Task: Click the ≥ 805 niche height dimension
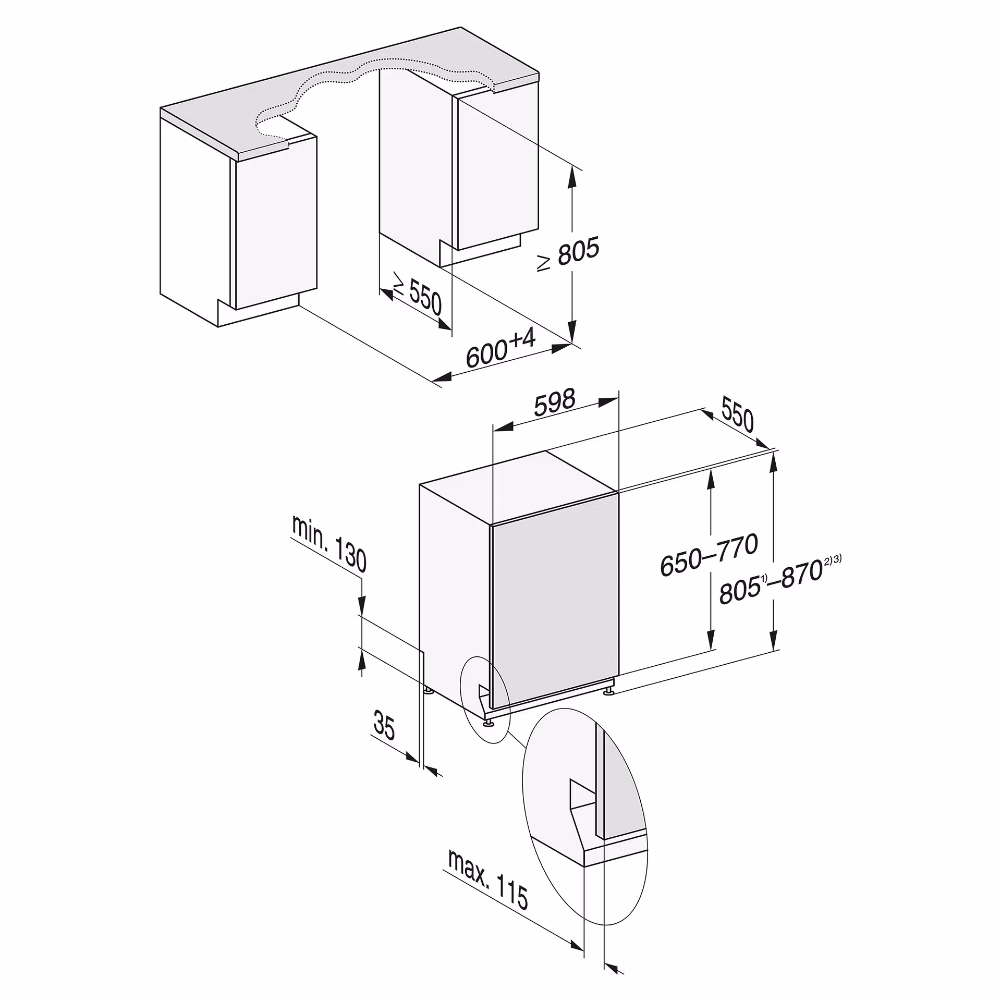tap(568, 254)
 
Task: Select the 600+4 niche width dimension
tap(501, 348)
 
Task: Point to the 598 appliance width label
tap(554, 402)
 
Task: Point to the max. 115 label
tap(488, 879)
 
